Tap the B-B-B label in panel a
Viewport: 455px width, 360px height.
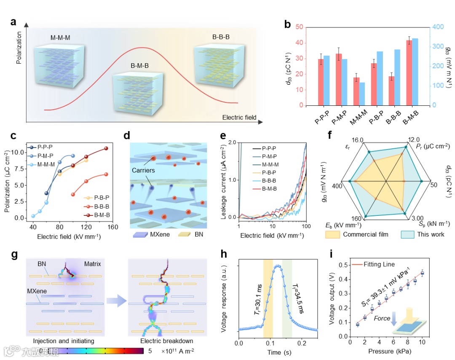[x=221, y=37]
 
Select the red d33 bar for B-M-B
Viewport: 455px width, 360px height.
[x=409, y=73]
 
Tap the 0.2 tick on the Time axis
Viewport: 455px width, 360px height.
[x=302, y=343]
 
